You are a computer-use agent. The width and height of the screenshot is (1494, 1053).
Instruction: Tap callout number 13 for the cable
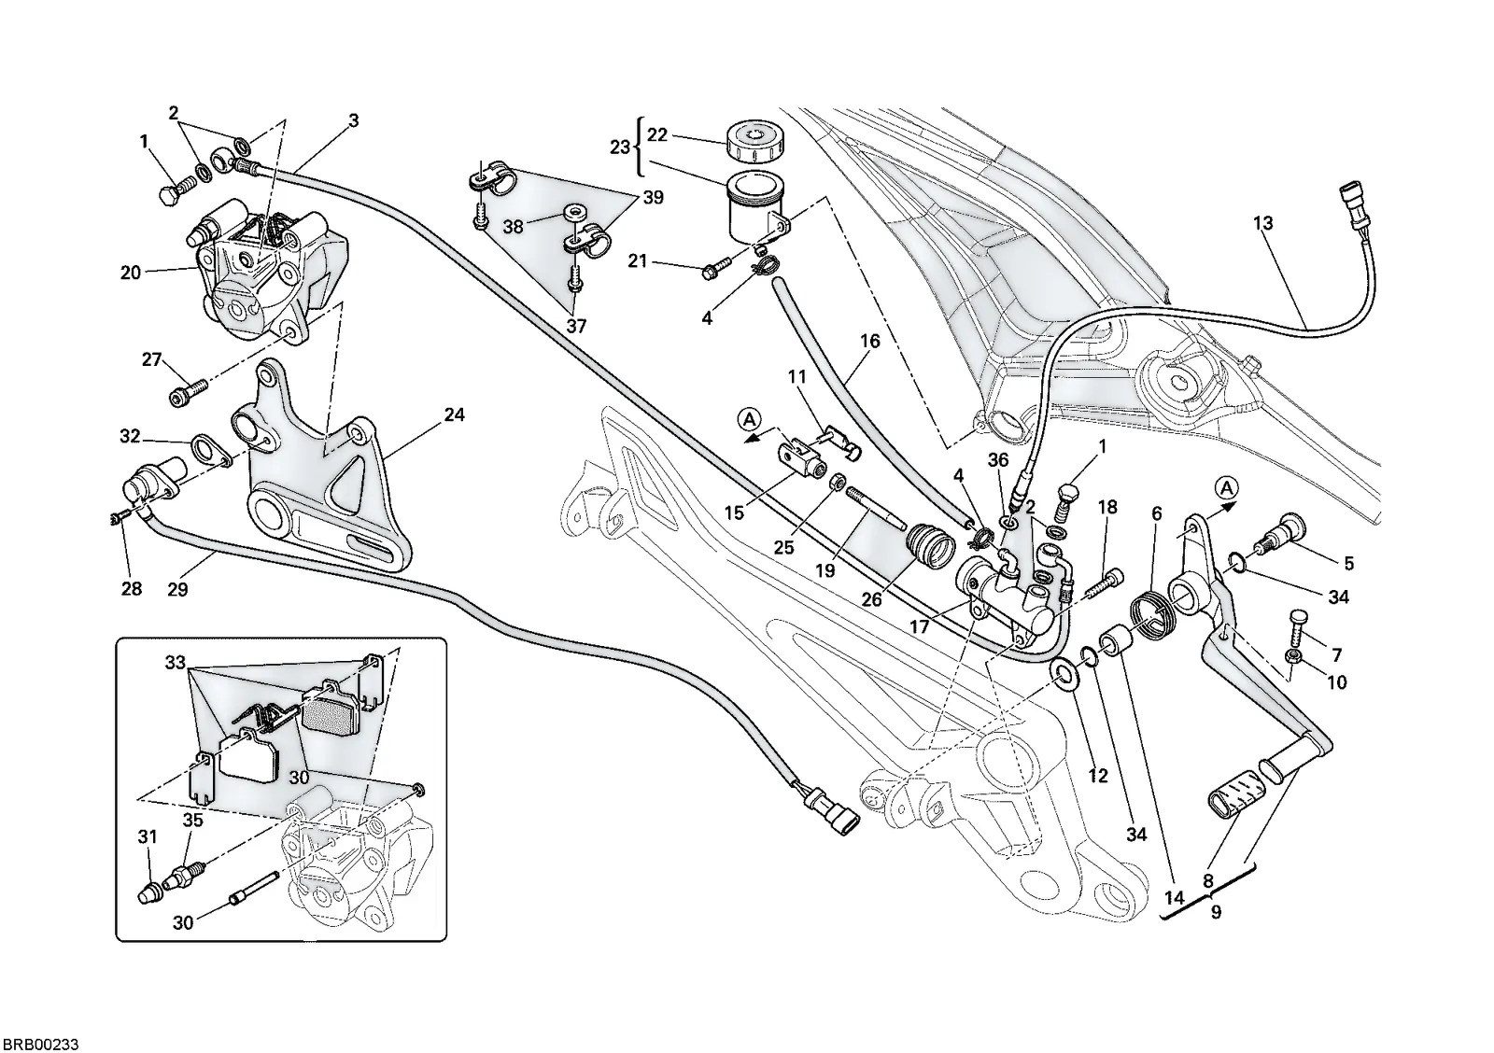point(1262,223)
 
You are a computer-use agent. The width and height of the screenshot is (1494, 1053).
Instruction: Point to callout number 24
point(454,414)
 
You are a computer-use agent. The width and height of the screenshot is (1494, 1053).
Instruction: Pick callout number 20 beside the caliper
point(131,272)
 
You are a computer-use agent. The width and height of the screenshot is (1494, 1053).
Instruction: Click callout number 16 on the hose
point(869,342)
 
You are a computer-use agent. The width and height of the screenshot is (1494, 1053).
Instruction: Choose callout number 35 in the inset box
point(192,821)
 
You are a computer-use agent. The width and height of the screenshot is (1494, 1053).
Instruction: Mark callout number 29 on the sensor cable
point(177,589)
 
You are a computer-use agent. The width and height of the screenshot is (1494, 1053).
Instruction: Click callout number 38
point(513,227)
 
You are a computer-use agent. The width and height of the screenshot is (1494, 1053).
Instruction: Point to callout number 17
point(919,627)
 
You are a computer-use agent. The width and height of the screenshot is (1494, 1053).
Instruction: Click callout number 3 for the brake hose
point(354,120)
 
